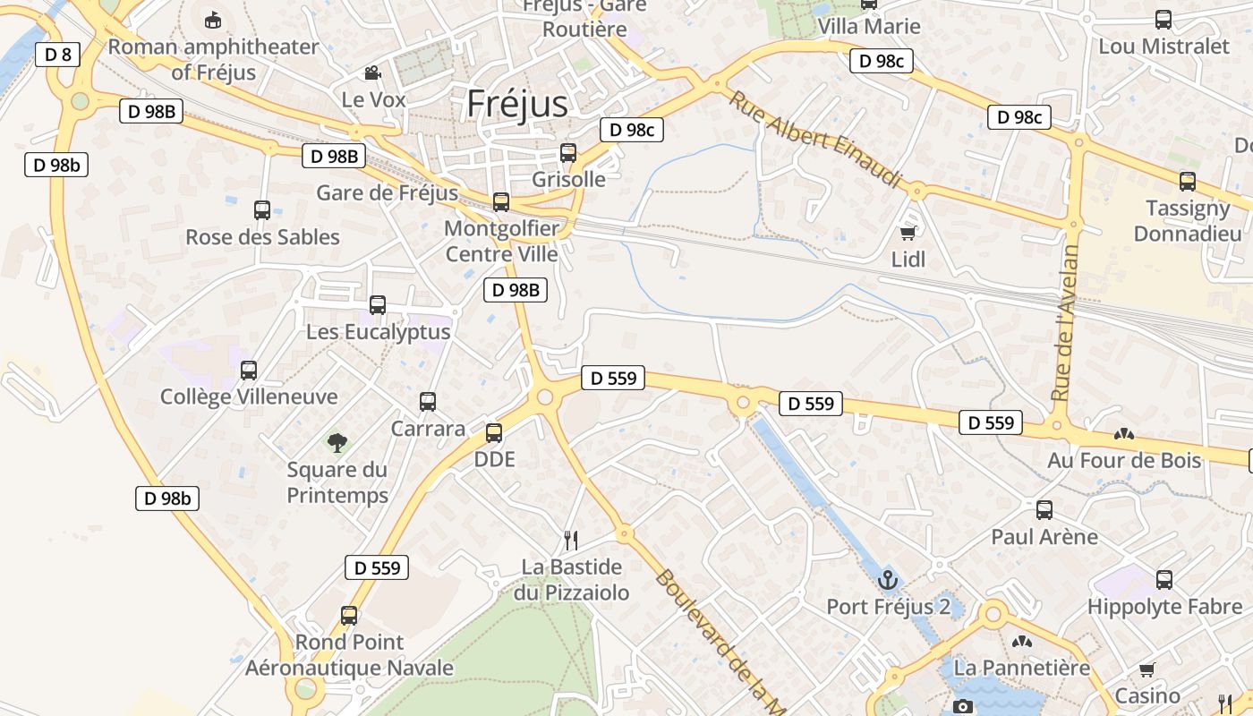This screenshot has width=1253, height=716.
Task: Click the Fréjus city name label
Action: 516,104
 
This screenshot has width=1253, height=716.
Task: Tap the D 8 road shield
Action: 58,55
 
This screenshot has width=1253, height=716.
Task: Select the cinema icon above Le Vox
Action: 372,72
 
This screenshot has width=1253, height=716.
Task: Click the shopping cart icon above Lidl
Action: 908,234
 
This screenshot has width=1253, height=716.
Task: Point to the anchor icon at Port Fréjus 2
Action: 887,580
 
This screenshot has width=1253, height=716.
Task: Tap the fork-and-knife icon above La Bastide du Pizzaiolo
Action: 571,540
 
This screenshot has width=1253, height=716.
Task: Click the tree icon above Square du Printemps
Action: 337,441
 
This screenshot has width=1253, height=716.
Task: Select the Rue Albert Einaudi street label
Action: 814,139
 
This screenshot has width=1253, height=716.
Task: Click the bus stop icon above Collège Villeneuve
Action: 249,370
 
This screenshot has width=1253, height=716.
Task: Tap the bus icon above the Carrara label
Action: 428,402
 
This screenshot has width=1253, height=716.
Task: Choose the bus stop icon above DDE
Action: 493,433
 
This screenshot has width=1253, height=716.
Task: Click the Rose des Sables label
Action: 262,237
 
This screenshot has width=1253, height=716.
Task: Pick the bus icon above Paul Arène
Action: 1044,510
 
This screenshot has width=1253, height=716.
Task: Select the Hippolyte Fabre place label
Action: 1164,606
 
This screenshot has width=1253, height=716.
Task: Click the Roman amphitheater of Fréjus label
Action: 213,59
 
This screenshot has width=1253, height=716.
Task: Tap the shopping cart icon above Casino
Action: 1146,669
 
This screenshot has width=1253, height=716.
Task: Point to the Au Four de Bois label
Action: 1124,460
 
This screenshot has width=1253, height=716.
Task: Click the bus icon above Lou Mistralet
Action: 1163,19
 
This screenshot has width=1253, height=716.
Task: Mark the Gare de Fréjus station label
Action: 387,192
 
